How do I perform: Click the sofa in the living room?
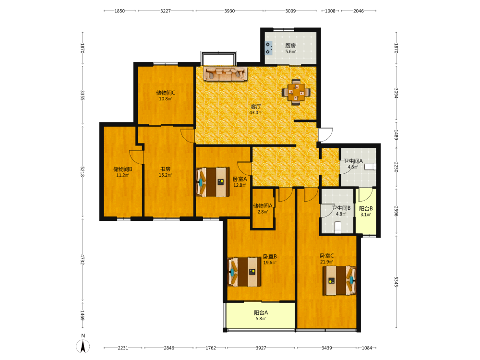[x=225, y=74]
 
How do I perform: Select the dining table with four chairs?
[x=296, y=92]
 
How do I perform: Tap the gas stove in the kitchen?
[x=268, y=48]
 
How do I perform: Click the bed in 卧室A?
[x=213, y=182]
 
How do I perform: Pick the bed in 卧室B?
[x=245, y=272]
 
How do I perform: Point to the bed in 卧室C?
[x=339, y=280]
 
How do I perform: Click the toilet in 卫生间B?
[x=337, y=228]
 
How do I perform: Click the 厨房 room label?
[x=290, y=46]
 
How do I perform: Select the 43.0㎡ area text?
[x=256, y=113]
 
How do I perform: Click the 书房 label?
[x=165, y=169]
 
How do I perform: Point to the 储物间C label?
[x=166, y=93]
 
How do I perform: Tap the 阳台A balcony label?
[x=261, y=312]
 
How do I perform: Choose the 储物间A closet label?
[x=263, y=206]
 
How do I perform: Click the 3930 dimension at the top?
[x=229, y=11]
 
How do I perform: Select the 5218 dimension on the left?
[x=83, y=172]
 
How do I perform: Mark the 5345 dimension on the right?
[x=396, y=282]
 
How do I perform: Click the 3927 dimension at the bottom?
[x=261, y=348]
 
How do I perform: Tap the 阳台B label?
[x=366, y=209]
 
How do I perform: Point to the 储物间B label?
[x=123, y=169]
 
